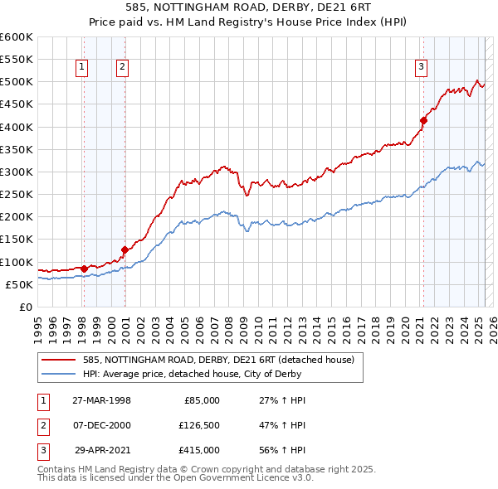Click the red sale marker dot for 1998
tap(85, 269)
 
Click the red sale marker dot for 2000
tap(124, 249)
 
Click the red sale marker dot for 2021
tap(423, 120)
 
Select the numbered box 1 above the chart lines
tap(83, 68)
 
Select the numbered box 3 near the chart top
tap(422, 68)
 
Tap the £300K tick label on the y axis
tap(17, 172)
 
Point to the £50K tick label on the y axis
tap(20, 284)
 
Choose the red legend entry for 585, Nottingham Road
tap(218, 360)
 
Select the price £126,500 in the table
tap(198, 425)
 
